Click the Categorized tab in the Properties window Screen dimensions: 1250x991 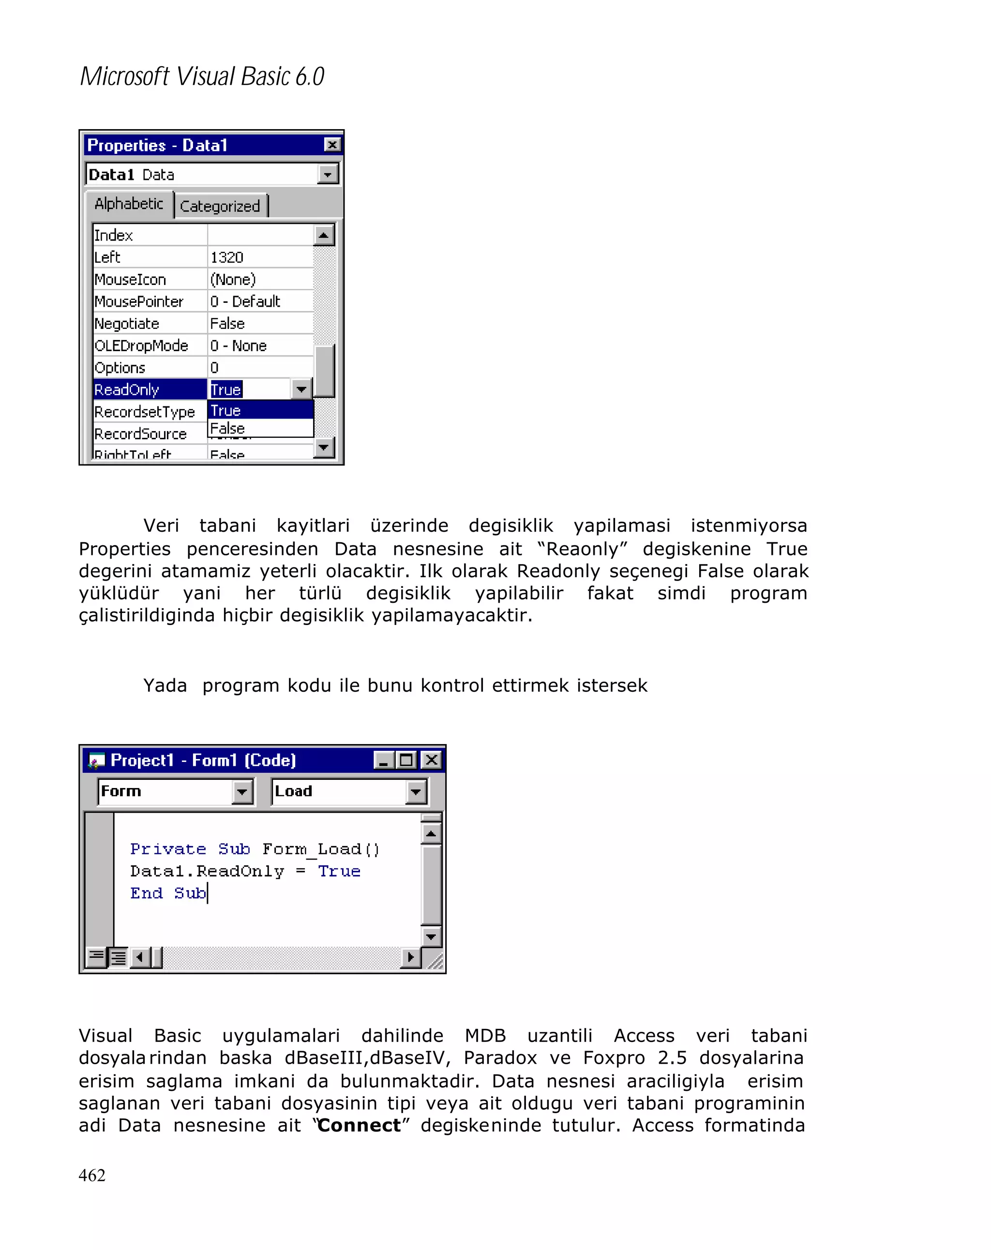pos(219,206)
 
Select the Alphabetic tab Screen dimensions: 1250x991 pos(129,204)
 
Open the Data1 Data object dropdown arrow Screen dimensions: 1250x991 pos(328,174)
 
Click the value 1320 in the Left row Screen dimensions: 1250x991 pos(227,257)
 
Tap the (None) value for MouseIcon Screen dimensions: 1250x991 pos(233,280)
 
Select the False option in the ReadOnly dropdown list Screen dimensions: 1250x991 pos(227,429)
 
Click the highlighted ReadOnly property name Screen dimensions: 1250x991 pos(126,389)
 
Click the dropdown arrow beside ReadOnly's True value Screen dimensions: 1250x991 pos(301,389)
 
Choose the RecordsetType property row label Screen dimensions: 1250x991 pos(144,412)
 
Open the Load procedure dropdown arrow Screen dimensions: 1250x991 pos(416,791)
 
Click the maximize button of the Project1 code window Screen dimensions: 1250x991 pos(406,759)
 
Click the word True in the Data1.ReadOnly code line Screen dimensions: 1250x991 pos(339,871)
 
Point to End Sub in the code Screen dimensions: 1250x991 pos(168,893)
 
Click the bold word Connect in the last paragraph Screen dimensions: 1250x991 pos(359,1125)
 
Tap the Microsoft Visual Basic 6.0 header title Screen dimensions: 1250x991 pos(202,76)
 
